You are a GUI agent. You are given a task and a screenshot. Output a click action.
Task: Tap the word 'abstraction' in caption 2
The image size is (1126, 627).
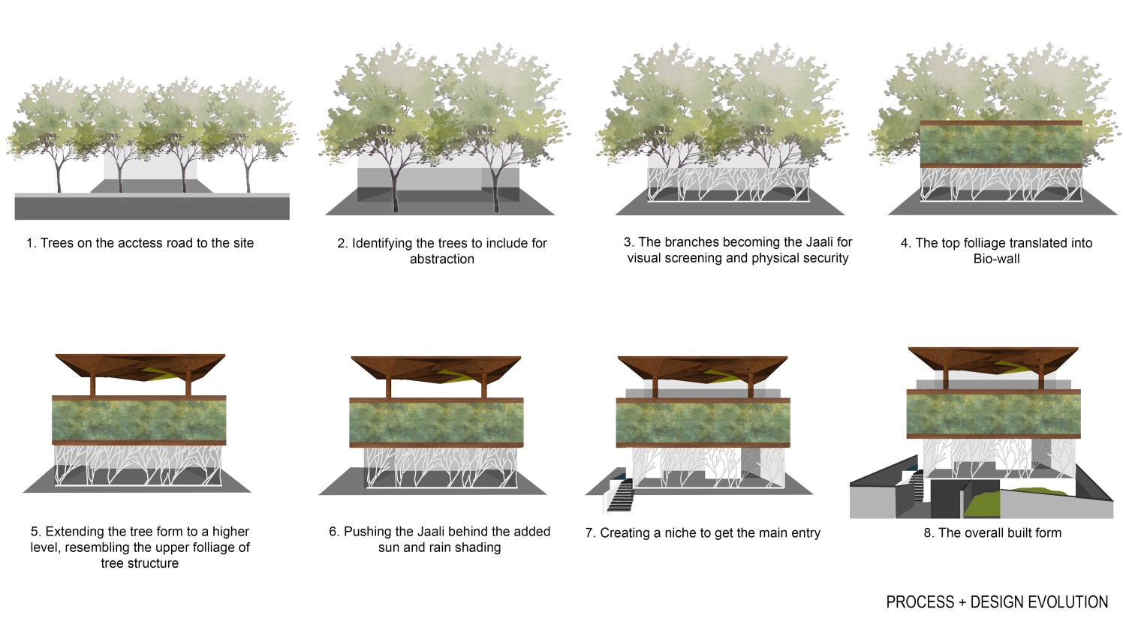pos(442,259)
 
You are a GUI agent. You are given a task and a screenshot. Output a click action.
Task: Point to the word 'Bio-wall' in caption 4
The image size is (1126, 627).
pos(996,259)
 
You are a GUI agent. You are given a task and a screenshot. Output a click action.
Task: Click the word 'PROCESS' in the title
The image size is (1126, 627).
pos(920,602)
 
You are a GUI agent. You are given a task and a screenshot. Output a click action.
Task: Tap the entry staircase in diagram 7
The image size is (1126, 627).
pos(622,495)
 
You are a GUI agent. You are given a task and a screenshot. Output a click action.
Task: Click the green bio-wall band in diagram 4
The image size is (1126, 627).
pos(1001,144)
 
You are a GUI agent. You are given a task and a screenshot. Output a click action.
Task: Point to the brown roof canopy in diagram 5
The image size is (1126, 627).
pos(140,367)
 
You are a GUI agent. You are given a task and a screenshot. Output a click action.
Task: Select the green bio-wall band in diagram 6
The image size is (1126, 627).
pos(436,422)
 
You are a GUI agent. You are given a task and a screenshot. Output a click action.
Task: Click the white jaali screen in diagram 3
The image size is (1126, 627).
pos(728,184)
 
